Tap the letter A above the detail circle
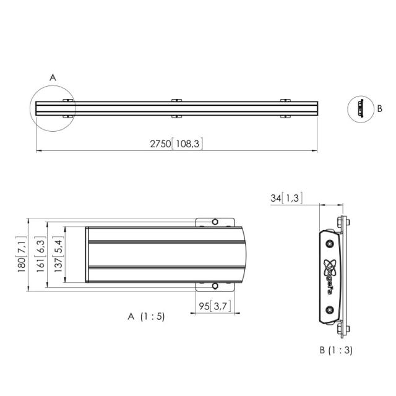(53, 77)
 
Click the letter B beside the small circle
(379, 108)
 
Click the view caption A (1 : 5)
(146, 316)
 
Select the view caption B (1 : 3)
(336, 350)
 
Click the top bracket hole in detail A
(214, 222)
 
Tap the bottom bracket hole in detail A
(214, 285)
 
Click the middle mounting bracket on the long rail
(176, 108)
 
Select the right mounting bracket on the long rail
(285, 108)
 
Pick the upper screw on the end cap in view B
(330, 238)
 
